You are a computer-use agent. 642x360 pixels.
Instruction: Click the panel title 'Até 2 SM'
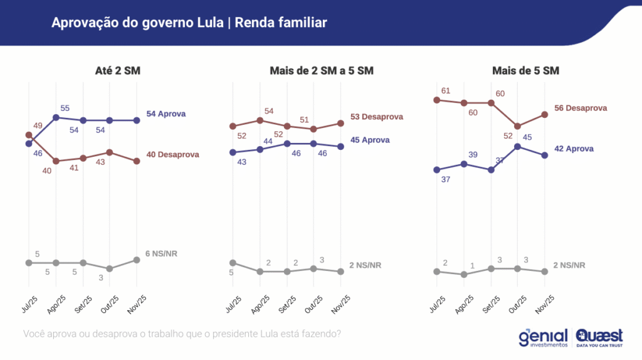click(113, 71)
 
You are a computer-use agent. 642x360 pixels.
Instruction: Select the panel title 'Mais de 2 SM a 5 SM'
click(317, 71)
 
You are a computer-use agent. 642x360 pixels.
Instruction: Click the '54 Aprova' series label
click(166, 114)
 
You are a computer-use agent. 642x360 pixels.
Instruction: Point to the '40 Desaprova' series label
click(172, 155)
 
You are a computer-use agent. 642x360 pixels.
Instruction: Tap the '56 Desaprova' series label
click(581, 108)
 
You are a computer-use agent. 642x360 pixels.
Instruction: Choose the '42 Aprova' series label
click(574, 149)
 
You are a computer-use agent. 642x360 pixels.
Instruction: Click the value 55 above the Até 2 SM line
click(65, 108)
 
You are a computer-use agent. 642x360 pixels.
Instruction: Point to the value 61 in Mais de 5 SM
click(446, 91)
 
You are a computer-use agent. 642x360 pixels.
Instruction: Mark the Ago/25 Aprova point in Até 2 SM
click(56, 117)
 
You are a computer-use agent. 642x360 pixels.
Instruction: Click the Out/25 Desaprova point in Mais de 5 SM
click(518, 126)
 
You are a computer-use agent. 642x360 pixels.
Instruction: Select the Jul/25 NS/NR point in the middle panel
click(233, 262)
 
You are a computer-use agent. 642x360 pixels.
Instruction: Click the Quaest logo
click(599, 337)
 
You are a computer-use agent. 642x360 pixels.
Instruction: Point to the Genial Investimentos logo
click(543, 337)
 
